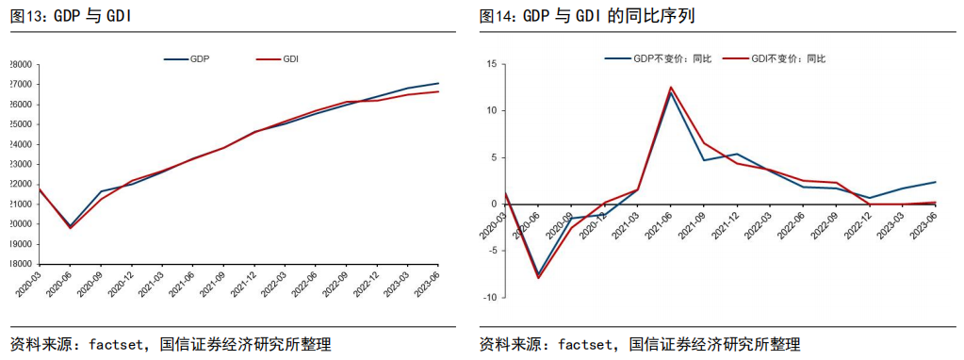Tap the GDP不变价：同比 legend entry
[x=659, y=58]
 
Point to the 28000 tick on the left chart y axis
[x=20, y=65]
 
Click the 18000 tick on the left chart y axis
[x=20, y=265]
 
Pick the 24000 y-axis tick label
[x=20, y=145]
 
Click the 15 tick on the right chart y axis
[x=491, y=64]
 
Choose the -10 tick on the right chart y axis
[x=489, y=298]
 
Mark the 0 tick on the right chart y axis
[x=493, y=205]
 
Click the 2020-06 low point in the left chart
[x=70, y=227]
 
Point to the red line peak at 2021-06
[x=671, y=88]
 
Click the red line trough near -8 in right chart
[x=539, y=277]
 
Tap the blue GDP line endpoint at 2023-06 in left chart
[x=438, y=83]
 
